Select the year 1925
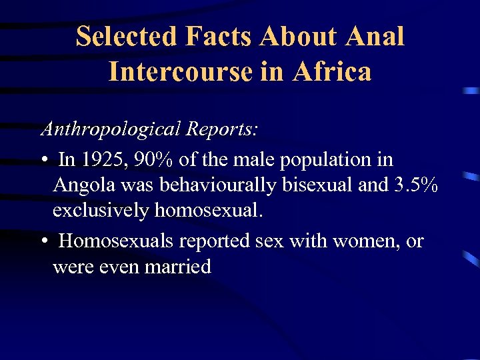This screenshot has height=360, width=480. click(x=98, y=160)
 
